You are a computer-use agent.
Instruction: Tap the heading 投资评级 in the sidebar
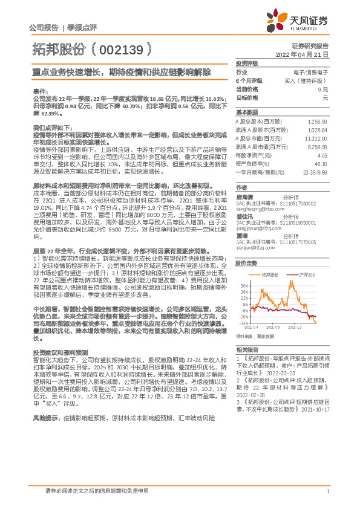(247, 63)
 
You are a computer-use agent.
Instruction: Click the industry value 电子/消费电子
(312, 72)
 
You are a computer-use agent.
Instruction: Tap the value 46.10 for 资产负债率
(320, 163)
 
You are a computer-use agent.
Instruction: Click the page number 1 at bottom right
(327, 491)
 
